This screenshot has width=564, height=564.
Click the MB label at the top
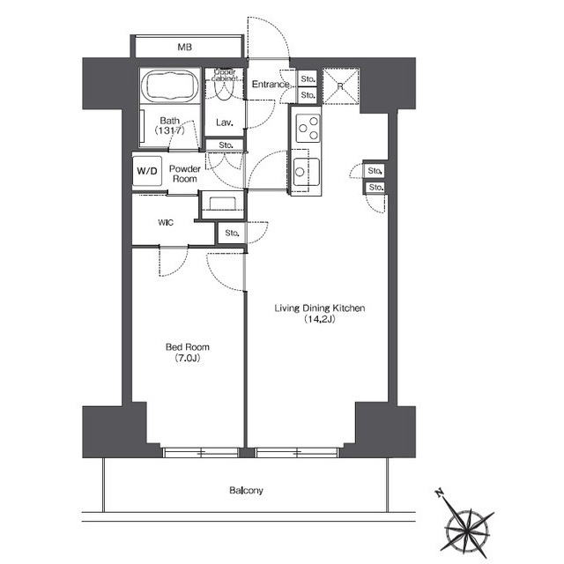(184, 47)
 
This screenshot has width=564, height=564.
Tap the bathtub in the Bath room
(170, 85)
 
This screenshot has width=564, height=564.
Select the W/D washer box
(147, 171)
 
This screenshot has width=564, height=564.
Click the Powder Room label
(185, 174)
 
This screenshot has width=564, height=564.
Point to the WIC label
(166, 223)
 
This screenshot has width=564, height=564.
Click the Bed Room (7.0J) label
(188, 352)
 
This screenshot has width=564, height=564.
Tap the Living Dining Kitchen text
(320, 308)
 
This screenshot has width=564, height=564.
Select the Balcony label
(247, 490)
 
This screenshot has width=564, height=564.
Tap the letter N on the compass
(439, 493)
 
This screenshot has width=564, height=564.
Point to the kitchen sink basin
(306, 172)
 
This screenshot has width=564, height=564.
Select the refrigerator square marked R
(341, 86)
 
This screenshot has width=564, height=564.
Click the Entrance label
(271, 85)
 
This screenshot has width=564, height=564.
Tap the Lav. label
(225, 122)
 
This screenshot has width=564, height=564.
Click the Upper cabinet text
(225, 75)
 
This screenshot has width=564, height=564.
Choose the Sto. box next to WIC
(232, 233)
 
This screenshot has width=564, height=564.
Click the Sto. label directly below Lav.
(226, 145)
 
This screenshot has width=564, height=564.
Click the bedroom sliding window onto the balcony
(201, 452)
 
